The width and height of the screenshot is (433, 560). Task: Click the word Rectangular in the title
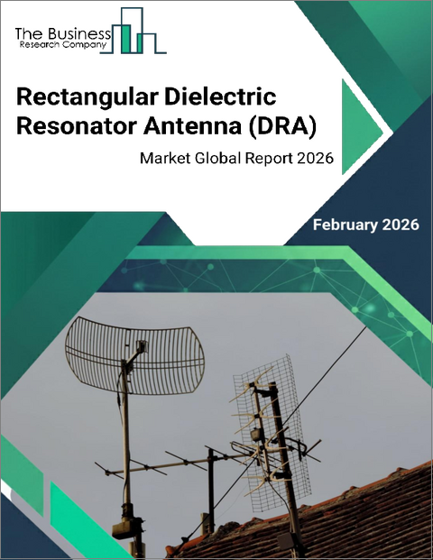(x=82, y=96)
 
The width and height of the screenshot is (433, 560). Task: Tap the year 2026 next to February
(x=401, y=225)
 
